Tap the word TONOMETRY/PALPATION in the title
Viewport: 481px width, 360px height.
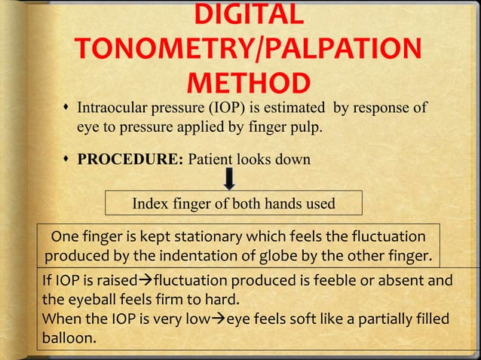point(245,50)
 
